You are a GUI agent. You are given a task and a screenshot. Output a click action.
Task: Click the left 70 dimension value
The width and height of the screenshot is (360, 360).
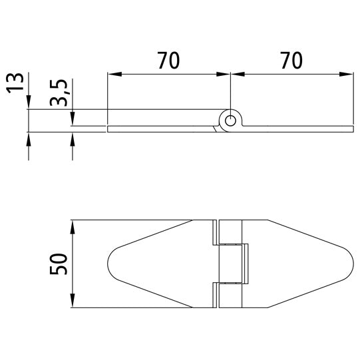(169, 61)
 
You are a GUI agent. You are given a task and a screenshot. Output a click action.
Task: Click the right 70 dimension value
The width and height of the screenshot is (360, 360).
(291, 61)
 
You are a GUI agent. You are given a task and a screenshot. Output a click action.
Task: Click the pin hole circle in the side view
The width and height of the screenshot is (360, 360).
(230, 120)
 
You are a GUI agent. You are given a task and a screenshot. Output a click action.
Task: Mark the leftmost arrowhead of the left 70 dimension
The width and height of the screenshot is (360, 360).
(111, 74)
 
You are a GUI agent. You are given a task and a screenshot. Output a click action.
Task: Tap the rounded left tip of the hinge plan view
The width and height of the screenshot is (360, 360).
(110, 264)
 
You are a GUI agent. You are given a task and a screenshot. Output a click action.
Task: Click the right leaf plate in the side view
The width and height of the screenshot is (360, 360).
(299, 128)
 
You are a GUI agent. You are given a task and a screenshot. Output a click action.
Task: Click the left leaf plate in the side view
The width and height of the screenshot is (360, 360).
(160, 128)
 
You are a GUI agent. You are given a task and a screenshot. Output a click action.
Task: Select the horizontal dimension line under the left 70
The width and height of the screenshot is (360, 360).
(169, 74)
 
